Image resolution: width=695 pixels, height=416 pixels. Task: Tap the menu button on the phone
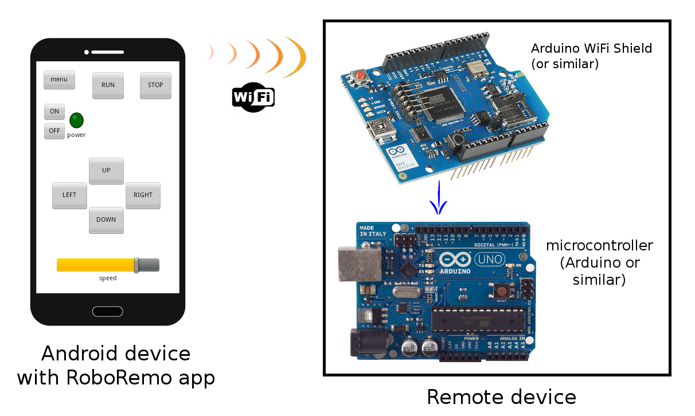pos(59,80)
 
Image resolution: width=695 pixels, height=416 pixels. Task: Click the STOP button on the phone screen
pos(155,85)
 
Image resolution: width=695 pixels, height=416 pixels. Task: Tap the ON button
pos(54,112)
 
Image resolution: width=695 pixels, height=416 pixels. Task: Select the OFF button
pos(54,131)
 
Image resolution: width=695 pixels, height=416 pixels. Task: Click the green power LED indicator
pos(76,120)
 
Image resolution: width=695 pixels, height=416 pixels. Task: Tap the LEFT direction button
pos(69,195)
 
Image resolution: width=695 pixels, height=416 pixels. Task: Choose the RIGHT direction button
pos(143,195)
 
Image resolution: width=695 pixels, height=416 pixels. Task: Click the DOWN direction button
pos(106,220)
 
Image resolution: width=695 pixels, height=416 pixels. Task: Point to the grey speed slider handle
pos(136,265)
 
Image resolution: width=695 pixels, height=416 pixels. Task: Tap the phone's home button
pos(108,311)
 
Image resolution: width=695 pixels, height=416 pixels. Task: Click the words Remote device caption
pos(501,397)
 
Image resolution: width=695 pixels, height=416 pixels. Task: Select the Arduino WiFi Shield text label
pos(591,56)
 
